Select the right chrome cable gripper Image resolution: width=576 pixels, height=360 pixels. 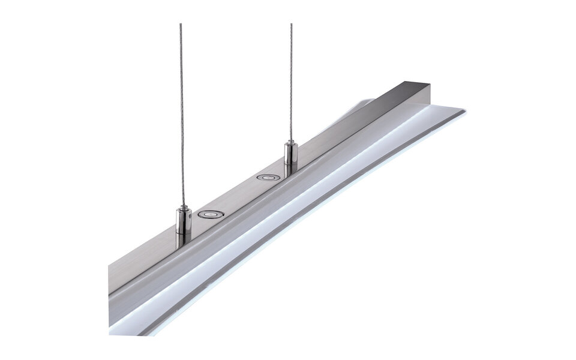pyautogui.click(x=291, y=155)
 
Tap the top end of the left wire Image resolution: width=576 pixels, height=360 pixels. pyautogui.click(x=181, y=25)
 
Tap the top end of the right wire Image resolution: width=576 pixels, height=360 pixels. pyautogui.click(x=291, y=25)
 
